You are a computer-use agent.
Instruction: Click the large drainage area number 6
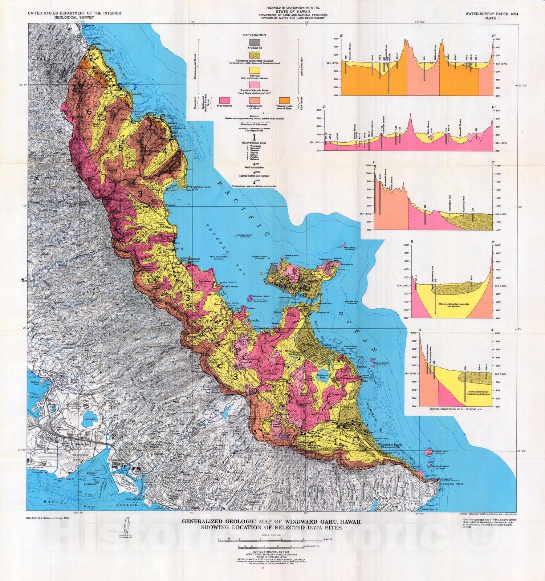[89, 112]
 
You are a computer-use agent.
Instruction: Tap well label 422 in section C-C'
[425, 207]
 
